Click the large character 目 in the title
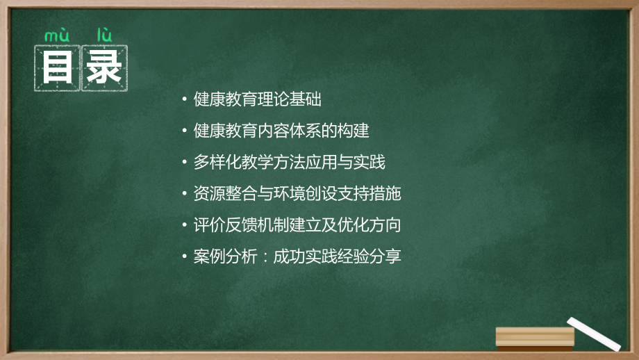57,67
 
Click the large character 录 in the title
104,67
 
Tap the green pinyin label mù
57,35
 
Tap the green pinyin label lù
104,35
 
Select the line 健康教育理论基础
257,99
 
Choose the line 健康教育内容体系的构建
281,131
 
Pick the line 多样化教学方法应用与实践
290,162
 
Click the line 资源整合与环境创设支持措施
297,193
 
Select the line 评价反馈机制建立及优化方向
297,224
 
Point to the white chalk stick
594,334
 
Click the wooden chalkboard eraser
535,338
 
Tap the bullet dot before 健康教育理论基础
185,99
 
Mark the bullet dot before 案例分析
185,256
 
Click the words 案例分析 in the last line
225,256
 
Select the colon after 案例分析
265,256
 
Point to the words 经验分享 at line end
370,256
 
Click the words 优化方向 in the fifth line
370,224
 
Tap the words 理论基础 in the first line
290,99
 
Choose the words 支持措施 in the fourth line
370,193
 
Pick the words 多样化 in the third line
217,162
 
